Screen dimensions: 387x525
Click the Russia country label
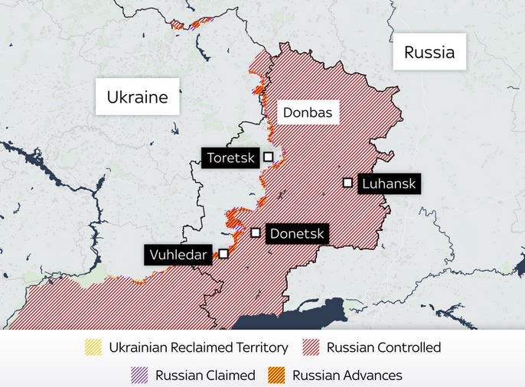pos(429,52)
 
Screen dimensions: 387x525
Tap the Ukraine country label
pos(137,97)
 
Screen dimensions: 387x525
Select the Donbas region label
pos(308,112)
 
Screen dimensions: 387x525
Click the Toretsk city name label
pos(230,158)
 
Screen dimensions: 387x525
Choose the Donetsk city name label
pos(297,233)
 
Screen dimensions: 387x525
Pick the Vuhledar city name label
pos(178,254)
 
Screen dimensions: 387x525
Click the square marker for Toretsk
pos(269,156)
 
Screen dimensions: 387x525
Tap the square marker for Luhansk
pos(347,182)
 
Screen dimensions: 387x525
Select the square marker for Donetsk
pos(256,232)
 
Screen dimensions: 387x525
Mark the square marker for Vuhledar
pos(223,252)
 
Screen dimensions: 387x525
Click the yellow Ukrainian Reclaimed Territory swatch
pos(93,348)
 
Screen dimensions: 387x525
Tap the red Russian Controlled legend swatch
pos(311,348)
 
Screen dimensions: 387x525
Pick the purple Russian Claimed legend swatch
pos(139,375)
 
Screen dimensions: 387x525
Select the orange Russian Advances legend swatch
pos(277,375)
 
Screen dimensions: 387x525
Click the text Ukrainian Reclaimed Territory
pos(198,348)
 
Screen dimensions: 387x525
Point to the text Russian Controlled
pos(383,348)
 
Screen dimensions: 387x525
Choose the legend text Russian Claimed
pos(204,375)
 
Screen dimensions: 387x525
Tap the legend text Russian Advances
pos(347,375)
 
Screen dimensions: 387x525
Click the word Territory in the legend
pos(259,348)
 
